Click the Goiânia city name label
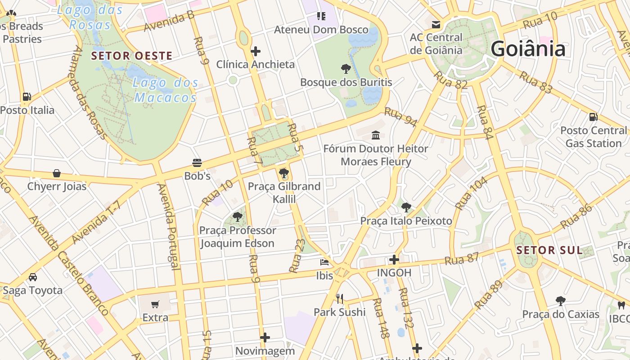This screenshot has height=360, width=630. [x=527, y=49]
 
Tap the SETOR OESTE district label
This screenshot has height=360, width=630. [x=131, y=56]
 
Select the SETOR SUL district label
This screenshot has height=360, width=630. [x=549, y=251]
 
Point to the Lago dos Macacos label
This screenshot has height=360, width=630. [x=166, y=90]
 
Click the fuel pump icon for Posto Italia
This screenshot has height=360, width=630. [x=27, y=97]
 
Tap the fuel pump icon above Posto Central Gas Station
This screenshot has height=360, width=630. [x=593, y=117]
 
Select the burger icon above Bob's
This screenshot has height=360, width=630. [x=197, y=162]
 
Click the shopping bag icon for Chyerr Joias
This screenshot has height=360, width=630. [x=57, y=173]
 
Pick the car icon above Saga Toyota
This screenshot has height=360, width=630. [x=32, y=277]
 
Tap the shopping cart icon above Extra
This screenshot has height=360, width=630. [x=155, y=304]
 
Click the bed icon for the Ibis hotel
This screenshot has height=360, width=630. [x=324, y=262]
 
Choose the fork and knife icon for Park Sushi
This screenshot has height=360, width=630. [x=340, y=298]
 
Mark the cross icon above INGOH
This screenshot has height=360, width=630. [x=394, y=260]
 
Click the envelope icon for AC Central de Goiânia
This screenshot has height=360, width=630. [x=436, y=24]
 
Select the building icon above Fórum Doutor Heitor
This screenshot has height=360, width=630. [x=375, y=135]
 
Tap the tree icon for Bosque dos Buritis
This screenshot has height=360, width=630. [x=346, y=69]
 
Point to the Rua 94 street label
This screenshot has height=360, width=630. [x=400, y=117]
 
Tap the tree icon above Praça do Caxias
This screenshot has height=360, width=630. [x=560, y=301]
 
